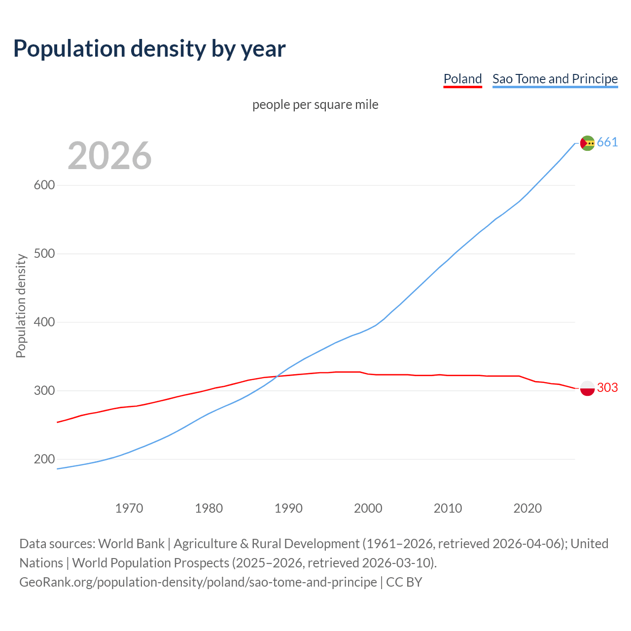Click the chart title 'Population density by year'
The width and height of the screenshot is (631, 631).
pos(149,48)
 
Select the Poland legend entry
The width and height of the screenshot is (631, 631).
pos(462,79)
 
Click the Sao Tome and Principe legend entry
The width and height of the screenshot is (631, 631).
pos(555,79)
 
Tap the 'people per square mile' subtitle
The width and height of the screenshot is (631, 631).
pos(315,105)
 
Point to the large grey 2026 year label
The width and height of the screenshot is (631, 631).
pos(109,156)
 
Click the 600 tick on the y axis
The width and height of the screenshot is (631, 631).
pos(44,185)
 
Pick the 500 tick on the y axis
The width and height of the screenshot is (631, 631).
pos(44,254)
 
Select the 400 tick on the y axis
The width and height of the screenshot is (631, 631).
pos(44,322)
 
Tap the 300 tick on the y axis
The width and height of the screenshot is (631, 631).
pos(44,390)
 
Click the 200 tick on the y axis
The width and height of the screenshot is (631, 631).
pos(44,459)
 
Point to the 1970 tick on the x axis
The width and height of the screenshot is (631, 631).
pos(129,508)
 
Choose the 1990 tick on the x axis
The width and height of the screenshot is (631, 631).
pos(288,508)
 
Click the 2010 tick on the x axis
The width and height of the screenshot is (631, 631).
pos(448,508)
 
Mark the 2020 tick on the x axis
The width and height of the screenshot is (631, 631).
pos(527,508)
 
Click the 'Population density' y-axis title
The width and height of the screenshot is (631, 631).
pos(21,306)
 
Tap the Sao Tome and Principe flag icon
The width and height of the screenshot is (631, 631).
pos(587,143)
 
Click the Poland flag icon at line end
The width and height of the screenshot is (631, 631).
pos(587,388)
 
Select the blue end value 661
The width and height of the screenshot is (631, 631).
pos(607,142)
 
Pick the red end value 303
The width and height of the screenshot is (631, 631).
pos(607,388)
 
